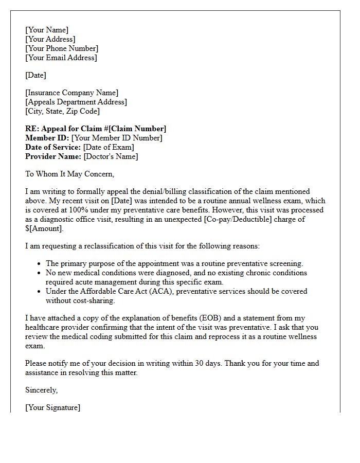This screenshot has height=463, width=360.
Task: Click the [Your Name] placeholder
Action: (47, 30)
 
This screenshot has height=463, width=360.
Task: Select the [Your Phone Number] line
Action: (62, 48)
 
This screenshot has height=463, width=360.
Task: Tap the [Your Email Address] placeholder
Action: (61, 58)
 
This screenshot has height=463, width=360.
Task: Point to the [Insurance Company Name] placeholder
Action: (71, 93)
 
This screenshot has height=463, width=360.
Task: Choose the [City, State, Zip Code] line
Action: (62, 111)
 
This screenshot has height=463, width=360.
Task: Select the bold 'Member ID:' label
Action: (47, 138)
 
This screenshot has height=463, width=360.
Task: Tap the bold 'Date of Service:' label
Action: (53, 147)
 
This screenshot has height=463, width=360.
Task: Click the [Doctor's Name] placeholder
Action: (111, 156)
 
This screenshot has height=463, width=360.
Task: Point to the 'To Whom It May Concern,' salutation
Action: (69, 174)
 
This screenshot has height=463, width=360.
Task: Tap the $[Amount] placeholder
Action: (44, 228)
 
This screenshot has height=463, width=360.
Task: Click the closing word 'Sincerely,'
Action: (42, 390)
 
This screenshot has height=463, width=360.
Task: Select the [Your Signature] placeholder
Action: (52, 407)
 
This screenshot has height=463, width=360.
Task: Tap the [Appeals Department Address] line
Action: (76, 102)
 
